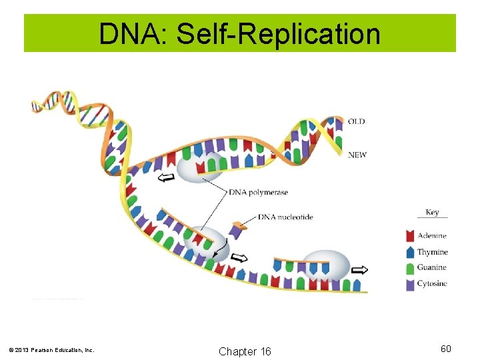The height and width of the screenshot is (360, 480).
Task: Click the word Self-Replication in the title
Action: coord(277,33)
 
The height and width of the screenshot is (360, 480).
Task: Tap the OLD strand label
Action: coord(357,121)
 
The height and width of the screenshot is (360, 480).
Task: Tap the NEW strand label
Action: coord(357,155)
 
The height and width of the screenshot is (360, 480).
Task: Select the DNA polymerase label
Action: coord(259,193)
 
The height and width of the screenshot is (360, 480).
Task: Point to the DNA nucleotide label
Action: coord(285,217)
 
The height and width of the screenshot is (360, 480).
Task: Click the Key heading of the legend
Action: coord(432,213)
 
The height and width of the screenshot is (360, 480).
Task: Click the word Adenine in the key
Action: coord(432,236)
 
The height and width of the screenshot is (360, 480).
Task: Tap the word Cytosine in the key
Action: coord(432,284)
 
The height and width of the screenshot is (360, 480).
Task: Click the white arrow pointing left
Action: coord(166,177)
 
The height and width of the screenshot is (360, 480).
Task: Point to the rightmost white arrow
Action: coord(359,269)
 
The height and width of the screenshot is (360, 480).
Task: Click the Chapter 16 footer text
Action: coord(245,351)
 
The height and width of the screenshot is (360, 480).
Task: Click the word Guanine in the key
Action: coord(432,268)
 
